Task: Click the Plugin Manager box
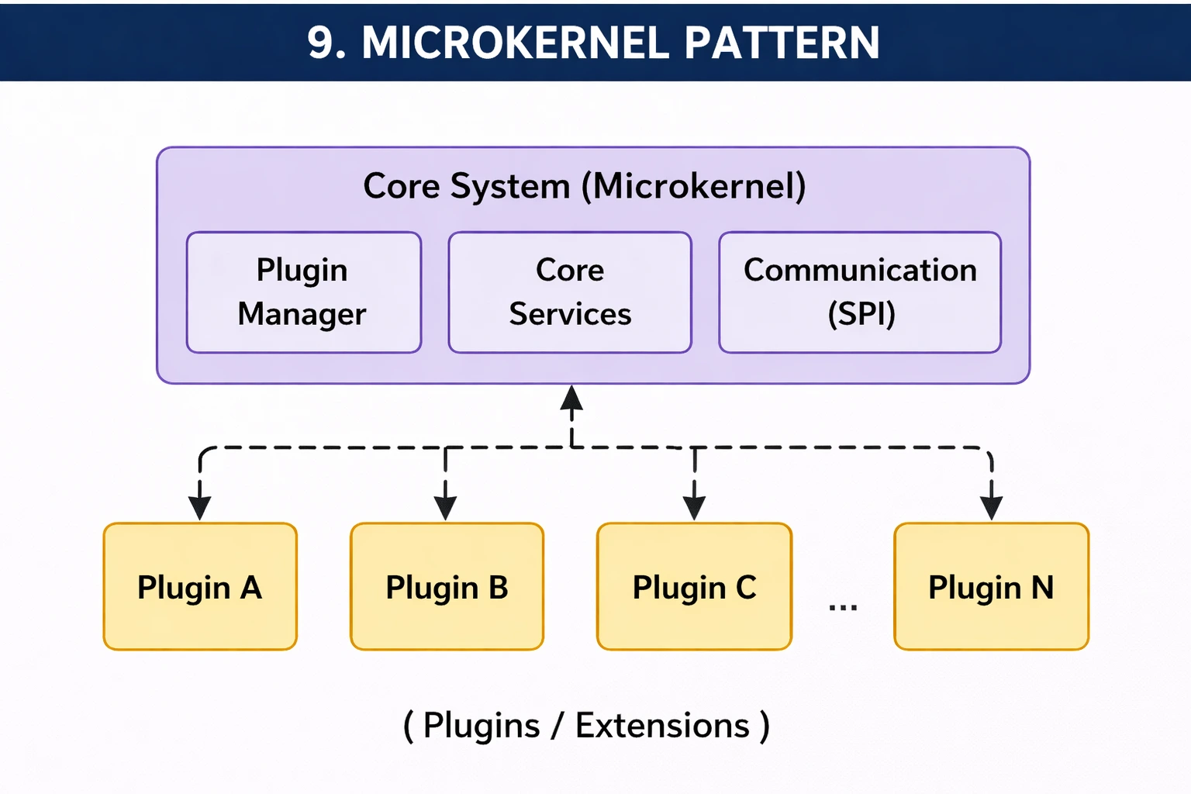click(x=303, y=292)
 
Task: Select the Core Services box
click(x=570, y=292)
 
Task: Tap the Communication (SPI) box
click(x=860, y=292)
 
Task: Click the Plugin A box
click(x=200, y=587)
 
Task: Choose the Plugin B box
click(x=447, y=587)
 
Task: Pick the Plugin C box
click(x=694, y=587)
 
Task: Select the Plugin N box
click(x=991, y=587)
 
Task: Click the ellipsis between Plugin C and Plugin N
click(x=843, y=606)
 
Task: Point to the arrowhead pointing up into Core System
click(x=571, y=398)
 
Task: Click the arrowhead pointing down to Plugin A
click(x=200, y=508)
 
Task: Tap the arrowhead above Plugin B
click(x=445, y=508)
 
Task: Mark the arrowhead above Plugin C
click(x=694, y=508)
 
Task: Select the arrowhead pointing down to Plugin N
click(x=991, y=508)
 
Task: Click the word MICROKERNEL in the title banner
click(x=515, y=43)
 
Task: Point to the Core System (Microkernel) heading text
click(x=585, y=186)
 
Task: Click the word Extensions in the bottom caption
click(x=662, y=726)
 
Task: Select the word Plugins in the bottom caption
click(x=482, y=726)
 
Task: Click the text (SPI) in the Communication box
click(x=861, y=314)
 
